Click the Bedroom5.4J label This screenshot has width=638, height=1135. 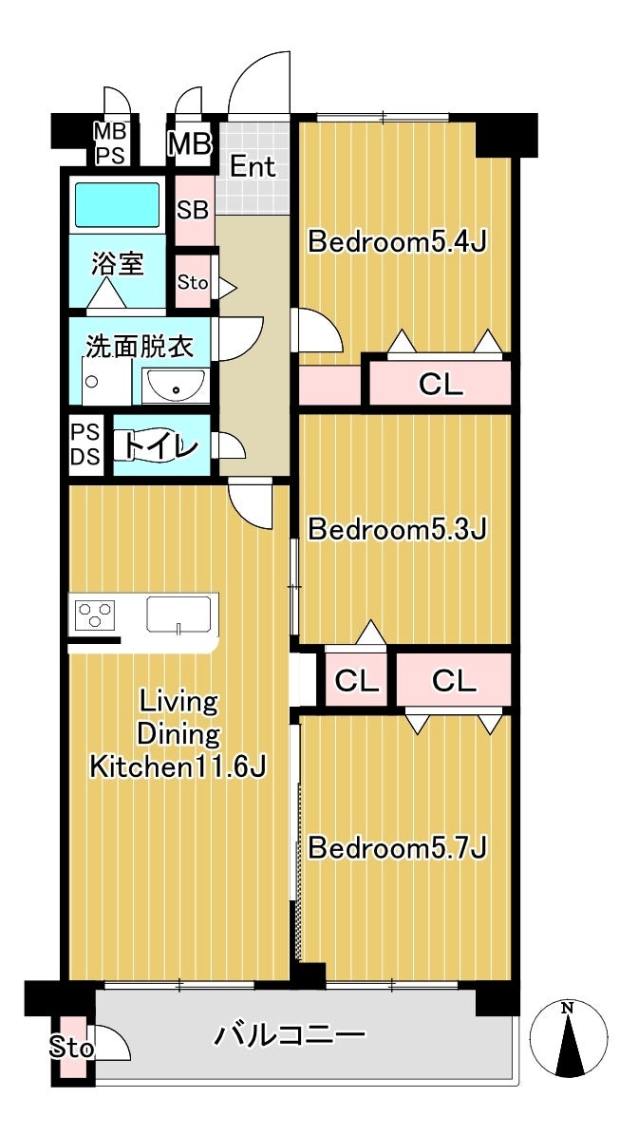click(397, 242)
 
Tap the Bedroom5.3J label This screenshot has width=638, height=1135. click(397, 530)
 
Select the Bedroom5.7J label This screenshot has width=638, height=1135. click(397, 847)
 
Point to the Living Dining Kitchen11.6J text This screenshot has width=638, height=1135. click(178, 735)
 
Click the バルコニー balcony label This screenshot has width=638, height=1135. click(290, 1036)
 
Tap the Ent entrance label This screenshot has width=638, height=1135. click(253, 167)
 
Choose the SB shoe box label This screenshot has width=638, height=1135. click(193, 210)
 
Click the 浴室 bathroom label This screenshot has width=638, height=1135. click(117, 264)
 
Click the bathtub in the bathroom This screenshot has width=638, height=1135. click(117, 205)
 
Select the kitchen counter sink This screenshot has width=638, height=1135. click(178, 615)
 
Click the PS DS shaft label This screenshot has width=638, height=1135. click(84, 445)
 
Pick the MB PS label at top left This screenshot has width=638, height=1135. click(111, 143)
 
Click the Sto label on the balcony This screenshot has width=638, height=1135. click(71, 1049)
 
